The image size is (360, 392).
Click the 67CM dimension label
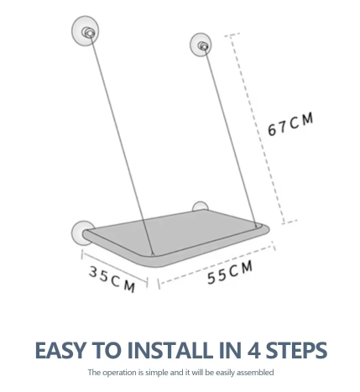tap(290, 124)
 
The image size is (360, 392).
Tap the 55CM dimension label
tap(230, 273)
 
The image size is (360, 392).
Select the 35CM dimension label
tap(112, 280)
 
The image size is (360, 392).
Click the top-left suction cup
tap(86, 31)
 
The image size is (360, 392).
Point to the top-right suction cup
tap(201, 44)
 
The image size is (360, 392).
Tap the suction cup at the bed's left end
tap(81, 233)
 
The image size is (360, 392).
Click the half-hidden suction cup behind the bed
tap(200, 206)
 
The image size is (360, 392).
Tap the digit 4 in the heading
tap(254, 350)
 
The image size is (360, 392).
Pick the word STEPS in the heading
tap(296, 350)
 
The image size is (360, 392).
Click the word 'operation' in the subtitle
tap(120, 373)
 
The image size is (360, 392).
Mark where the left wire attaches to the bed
tap(153, 254)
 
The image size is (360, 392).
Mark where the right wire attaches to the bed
tap(256, 226)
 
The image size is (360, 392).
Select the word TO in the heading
tap(107, 350)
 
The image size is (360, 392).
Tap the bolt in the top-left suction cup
tap(88, 33)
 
